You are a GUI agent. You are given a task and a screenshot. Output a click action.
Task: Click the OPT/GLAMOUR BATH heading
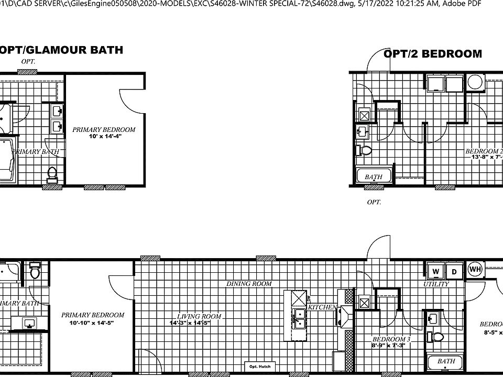[61, 50]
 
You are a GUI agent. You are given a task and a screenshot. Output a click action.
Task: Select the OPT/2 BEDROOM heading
[433, 54]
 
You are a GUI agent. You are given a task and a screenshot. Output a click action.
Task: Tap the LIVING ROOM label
[199, 316]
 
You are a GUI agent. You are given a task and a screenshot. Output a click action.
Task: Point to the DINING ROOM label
[249, 284]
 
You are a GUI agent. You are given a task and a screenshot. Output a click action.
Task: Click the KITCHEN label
[322, 307]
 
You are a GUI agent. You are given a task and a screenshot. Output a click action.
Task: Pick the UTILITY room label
[436, 284]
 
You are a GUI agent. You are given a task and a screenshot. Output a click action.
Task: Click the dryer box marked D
[454, 271]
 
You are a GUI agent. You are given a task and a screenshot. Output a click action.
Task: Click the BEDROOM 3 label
[391, 339]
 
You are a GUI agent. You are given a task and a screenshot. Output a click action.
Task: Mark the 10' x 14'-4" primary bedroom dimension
[104, 137]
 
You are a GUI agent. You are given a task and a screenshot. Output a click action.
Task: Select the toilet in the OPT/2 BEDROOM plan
[365, 151]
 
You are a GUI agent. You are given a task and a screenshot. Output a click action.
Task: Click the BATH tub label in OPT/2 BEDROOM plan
[374, 177]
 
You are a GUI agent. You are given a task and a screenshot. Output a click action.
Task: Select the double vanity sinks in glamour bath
[57, 118]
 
